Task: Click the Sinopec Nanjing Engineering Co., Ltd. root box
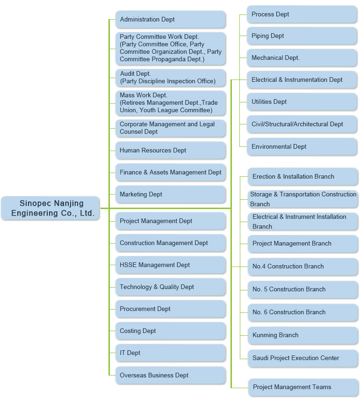[50, 208]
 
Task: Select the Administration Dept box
[171, 19]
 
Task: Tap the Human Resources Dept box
[171, 150]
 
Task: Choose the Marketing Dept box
[171, 194]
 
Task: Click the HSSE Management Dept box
[171, 265]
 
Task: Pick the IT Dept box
[171, 353]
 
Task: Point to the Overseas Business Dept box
[171, 375]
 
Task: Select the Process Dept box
[302, 14]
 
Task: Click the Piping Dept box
[302, 36]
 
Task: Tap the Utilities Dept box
[302, 102]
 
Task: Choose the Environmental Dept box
[302, 147]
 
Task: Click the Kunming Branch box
[303, 335]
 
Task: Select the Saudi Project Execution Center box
[303, 358]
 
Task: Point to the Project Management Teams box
[303, 387]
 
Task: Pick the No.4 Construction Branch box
[303, 267]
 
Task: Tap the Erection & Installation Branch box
[303, 177]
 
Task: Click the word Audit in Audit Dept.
[127, 73]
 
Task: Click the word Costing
[130, 331]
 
